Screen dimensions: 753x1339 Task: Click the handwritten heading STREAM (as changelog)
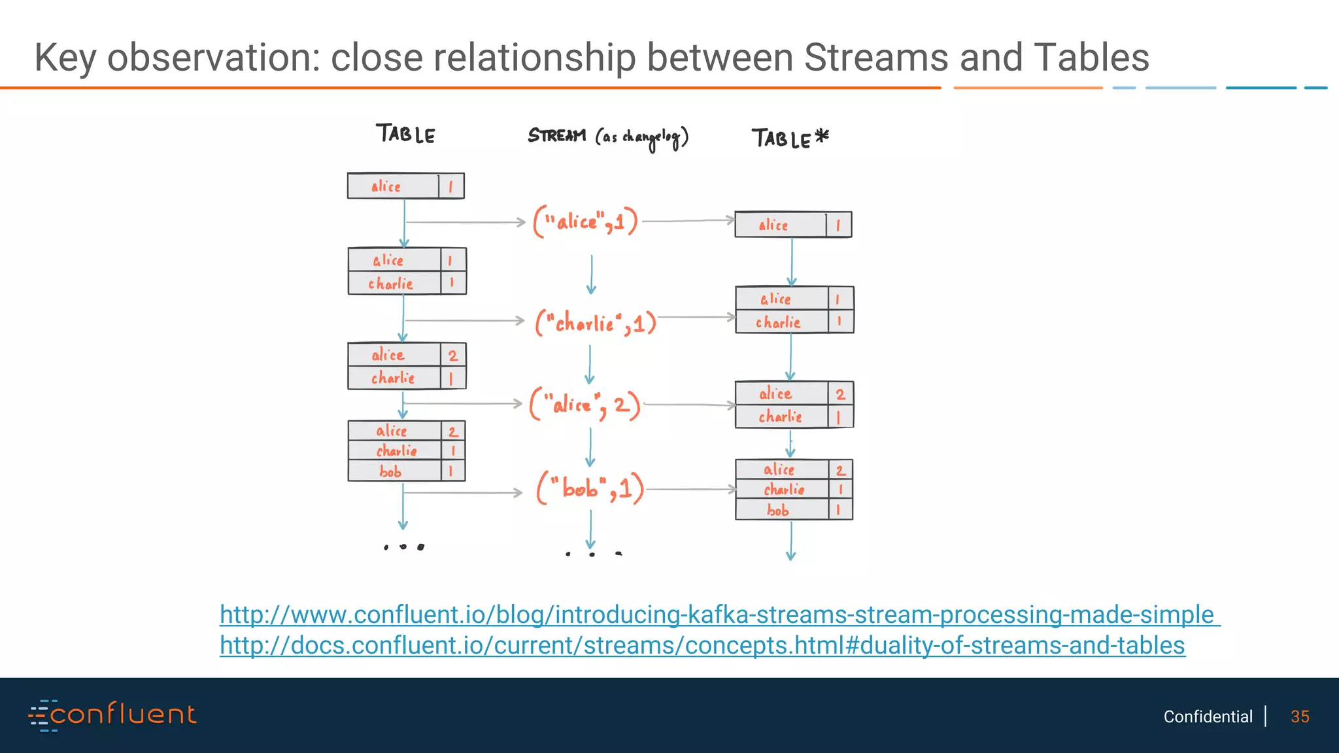608,137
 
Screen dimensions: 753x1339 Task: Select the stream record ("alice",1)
585,221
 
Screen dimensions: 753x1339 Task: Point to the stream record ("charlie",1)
596,322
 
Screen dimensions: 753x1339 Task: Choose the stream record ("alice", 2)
585,405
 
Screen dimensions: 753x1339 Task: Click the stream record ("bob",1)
590,488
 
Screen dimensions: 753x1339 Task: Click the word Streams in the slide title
875,58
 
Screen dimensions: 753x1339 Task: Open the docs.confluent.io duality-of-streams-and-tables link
702,646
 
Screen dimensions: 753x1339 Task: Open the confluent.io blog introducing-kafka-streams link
719,615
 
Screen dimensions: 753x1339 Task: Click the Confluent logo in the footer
112,714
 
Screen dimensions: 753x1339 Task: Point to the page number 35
1300,716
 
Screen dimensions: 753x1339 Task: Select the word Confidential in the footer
1208,716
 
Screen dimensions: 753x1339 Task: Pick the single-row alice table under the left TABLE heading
405,186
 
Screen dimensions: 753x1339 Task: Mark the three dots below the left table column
403,546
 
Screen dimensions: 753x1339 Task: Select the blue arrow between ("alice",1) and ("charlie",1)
592,275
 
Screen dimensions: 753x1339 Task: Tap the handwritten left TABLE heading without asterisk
405,134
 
